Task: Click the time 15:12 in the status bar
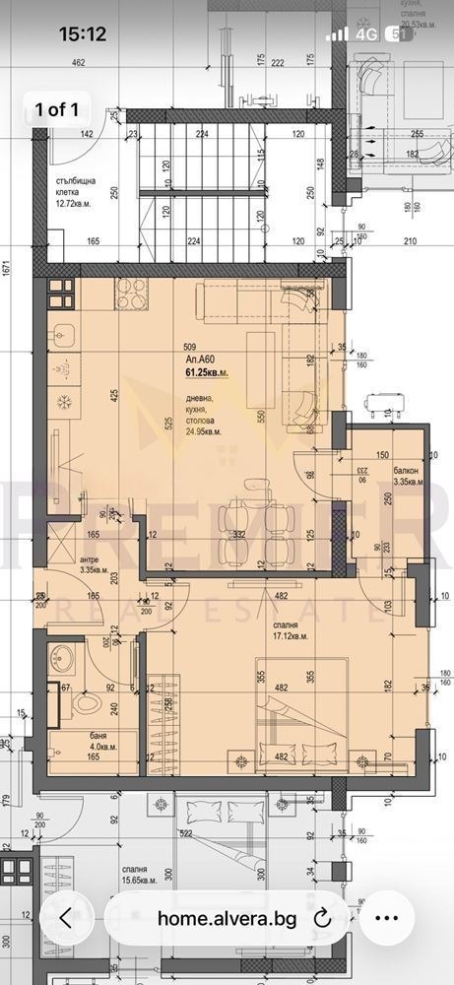click(x=82, y=33)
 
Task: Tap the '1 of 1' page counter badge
click(x=56, y=109)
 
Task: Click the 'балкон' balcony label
click(x=405, y=471)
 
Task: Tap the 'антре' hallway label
click(x=62, y=563)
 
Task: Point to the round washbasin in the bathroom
click(x=67, y=655)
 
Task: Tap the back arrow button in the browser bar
click(x=65, y=918)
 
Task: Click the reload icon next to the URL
click(x=322, y=918)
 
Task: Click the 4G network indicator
click(x=367, y=33)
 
